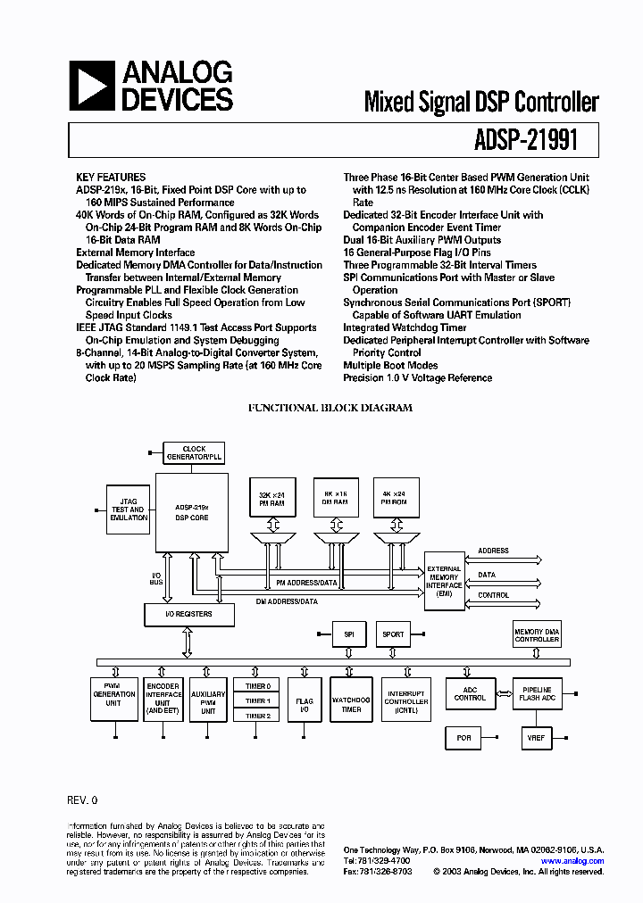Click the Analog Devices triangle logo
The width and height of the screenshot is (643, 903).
[x=92, y=85]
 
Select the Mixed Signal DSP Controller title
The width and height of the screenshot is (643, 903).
[x=480, y=102]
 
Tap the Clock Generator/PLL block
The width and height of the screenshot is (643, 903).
[x=194, y=453]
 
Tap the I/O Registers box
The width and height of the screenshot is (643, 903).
[x=190, y=614]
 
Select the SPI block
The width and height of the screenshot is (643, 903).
[x=348, y=634]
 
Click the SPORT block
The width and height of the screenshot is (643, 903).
[x=393, y=634]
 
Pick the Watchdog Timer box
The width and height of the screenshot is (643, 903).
[x=351, y=705]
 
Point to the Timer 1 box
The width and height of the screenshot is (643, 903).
[x=258, y=700]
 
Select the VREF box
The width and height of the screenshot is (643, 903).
[x=536, y=738]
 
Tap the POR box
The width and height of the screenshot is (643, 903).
[x=463, y=738]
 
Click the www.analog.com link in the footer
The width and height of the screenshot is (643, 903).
[x=572, y=860]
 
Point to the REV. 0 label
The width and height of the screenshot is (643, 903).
[x=81, y=799]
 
